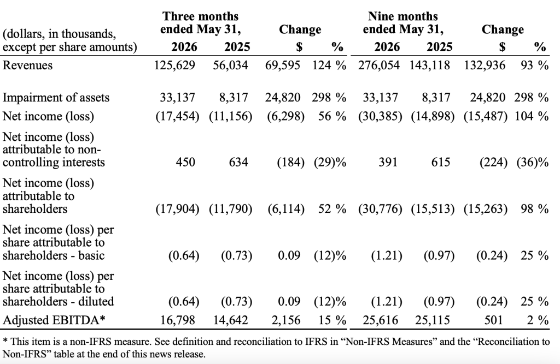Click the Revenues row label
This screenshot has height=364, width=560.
(27, 65)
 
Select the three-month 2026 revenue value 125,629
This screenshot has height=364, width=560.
(174, 65)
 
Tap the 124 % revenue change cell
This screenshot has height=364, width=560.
(329, 65)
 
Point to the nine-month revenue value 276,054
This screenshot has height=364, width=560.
(379, 65)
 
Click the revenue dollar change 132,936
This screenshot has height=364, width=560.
(485, 65)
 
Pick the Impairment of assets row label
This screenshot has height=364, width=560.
(56, 97)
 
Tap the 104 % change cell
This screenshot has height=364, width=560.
(532, 116)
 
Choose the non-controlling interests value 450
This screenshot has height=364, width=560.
(185, 162)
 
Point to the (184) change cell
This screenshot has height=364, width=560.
(291, 163)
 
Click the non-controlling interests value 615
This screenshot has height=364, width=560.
(441, 162)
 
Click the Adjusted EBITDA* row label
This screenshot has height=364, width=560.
(54, 320)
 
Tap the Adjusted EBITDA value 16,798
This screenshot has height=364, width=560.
(178, 320)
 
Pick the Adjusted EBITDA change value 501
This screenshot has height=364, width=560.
(493, 320)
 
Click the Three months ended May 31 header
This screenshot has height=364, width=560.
(200, 23)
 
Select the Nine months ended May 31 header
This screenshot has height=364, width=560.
(403, 23)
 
